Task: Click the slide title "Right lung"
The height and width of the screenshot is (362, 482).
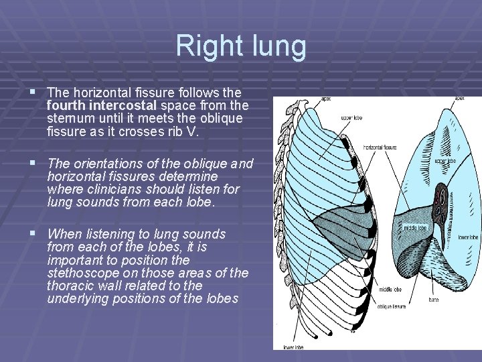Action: [x=241, y=46]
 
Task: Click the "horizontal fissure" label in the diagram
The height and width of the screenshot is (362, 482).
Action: [x=380, y=147]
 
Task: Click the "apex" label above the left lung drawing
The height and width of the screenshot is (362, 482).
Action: [x=327, y=99]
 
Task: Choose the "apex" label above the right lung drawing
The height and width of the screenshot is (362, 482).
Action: [x=460, y=99]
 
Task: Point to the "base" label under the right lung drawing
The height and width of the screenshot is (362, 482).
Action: [x=434, y=300]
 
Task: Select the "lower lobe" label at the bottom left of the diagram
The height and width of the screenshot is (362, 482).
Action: [x=292, y=347]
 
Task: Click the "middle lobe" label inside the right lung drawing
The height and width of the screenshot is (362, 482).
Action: [x=414, y=227]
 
